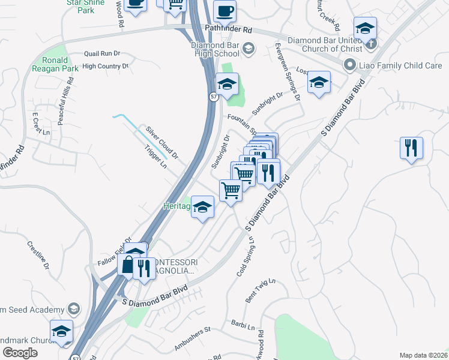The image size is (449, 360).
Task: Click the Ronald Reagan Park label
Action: pyautogui.click(x=60, y=64)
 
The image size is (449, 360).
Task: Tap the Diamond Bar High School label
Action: pyautogui.click(x=215, y=49)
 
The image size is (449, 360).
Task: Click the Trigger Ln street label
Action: pyautogui.click(x=155, y=158)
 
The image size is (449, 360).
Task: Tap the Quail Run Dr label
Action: pyautogui.click(x=103, y=53)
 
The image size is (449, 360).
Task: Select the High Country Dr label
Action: pyautogui.click(x=106, y=67)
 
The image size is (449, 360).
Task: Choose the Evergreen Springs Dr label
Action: pyautogui.click(x=288, y=70)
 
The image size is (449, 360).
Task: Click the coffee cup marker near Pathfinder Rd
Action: pyautogui.click(x=224, y=11)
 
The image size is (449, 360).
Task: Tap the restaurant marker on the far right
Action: pyautogui.click(x=411, y=148)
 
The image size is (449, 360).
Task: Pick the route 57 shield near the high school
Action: pyautogui.click(x=214, y=97)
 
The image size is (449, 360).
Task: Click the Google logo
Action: pyautogui.click(x=20, y=353)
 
